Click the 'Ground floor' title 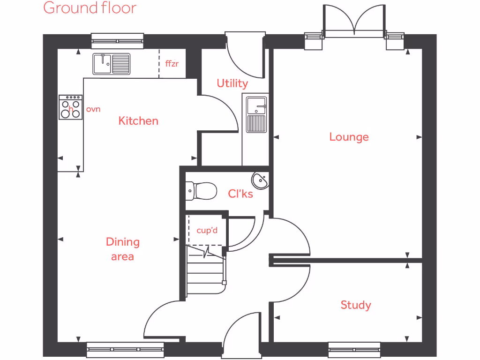click(90, 8)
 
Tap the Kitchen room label click(138, 121)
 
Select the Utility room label click(232, 83)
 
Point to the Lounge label click(349, 137)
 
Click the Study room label click(356, 305)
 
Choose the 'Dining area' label click(122, 249)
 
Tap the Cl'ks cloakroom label click(240, 194)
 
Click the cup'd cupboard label click(207, 231)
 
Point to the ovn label click(93, 109)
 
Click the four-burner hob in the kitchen click(70, 107)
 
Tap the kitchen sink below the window click(112, 64)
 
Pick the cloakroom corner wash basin click(260, 180)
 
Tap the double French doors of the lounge click(354, 21)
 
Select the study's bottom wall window click(354, 349)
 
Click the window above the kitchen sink click(117, 41)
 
